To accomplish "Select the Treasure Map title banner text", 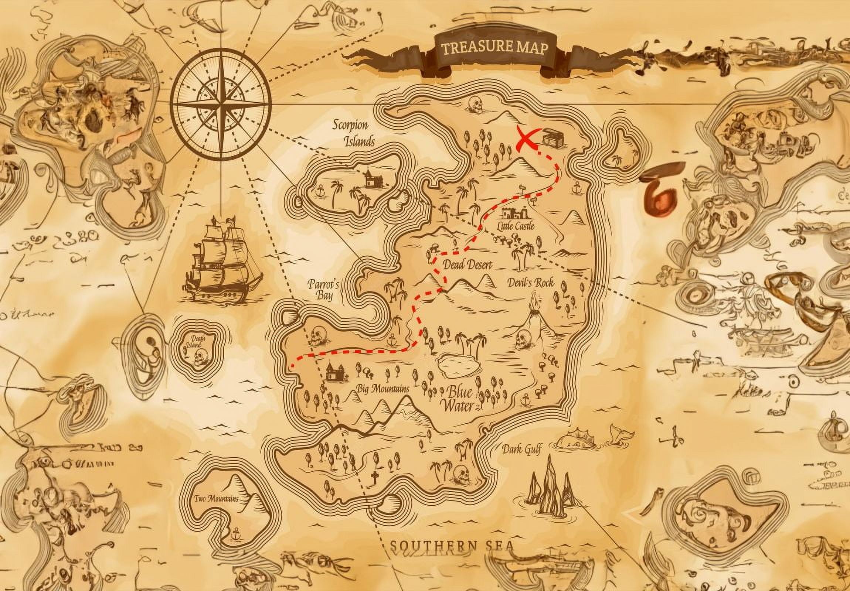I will tap(494, 48).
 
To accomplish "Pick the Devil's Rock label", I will tap(530, 283).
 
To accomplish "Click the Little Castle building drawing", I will tap(515, 215).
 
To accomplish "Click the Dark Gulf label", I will tap(521, 450).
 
